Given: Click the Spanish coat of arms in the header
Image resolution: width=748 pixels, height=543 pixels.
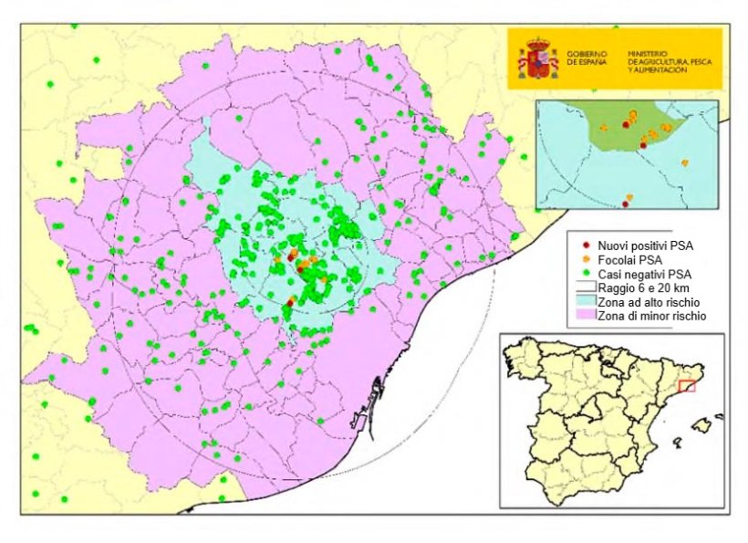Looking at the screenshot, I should click(x=538, y=59).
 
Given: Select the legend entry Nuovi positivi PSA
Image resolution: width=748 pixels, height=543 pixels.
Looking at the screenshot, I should click(x=644, y=245).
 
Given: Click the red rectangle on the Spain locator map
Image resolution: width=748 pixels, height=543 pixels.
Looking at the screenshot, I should click(x=687, y=386).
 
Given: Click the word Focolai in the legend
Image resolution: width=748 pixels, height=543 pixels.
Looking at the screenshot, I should click(x=618, y=259).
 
